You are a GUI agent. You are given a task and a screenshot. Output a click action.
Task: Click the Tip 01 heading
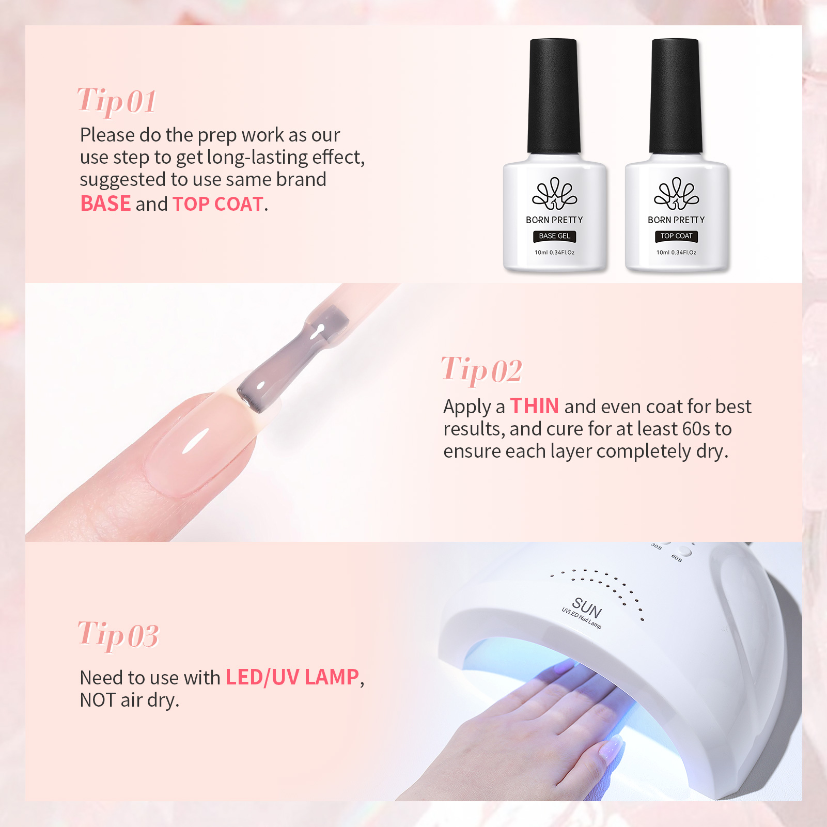click(117, 101)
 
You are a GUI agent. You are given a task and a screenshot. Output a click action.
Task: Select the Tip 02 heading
click(481, 370)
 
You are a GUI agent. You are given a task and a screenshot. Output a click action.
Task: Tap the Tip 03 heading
click(118, 635)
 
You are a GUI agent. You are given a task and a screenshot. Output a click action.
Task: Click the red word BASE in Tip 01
click(105, 204)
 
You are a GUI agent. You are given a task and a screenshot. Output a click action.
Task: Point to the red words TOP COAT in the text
click(218, 204)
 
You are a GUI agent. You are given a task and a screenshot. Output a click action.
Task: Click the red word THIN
click(535, 406)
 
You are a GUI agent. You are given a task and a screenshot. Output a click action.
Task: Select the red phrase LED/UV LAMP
click(292, 677)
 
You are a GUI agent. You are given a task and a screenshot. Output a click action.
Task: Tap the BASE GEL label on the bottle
click(555, 236)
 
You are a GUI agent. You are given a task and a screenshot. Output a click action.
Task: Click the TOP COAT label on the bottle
click(677, 236)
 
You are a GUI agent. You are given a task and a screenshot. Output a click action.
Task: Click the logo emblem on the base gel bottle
click(555, 194)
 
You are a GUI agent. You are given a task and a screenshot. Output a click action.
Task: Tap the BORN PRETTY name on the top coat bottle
click(677, 220)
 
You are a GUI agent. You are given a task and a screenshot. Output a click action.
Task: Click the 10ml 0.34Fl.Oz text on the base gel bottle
click(555, 253)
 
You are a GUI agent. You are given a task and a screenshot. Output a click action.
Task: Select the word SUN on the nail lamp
click(587, 608)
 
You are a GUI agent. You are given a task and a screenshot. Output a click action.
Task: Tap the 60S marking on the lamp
click(677, 558)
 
